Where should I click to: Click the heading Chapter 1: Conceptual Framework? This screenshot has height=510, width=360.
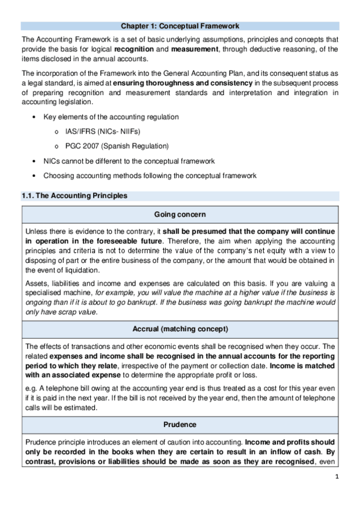click(x=180, y=26)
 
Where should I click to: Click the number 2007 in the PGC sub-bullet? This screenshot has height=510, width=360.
click(x=89, y=146)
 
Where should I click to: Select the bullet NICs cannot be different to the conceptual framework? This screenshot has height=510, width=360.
click(x=129, y=161)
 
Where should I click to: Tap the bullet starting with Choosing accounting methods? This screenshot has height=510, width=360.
click(x=150, y=176)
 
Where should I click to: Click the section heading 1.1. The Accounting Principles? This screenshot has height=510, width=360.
click(x=74, y=196)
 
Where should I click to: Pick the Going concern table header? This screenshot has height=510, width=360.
click(x=180, y=214)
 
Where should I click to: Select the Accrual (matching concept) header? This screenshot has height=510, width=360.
click(x=180, y=329)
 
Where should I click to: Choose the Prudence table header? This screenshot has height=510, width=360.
click(x=180, y=424)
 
